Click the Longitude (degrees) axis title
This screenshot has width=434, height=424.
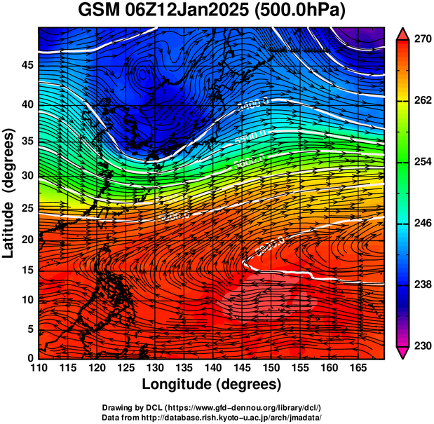(x=211, y=384)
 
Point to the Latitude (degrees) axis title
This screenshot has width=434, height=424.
(x=9, y=193)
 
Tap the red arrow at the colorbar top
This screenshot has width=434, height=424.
(x=403, y=32)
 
